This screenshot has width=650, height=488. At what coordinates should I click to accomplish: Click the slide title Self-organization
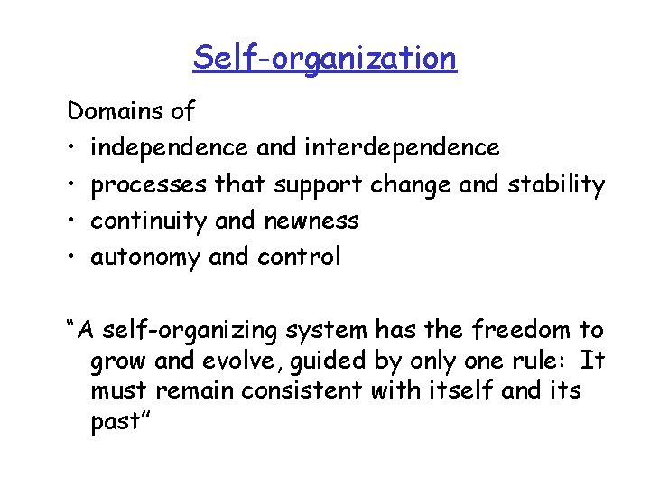point(324,58)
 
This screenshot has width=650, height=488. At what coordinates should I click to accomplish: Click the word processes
point(149,185)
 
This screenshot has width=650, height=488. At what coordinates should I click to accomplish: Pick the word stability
point(557,184)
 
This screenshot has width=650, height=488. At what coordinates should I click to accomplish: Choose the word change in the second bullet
point(411,185)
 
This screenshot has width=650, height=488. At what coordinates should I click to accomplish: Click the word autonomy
point(145,258)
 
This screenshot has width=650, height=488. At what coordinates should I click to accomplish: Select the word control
point(300,257)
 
